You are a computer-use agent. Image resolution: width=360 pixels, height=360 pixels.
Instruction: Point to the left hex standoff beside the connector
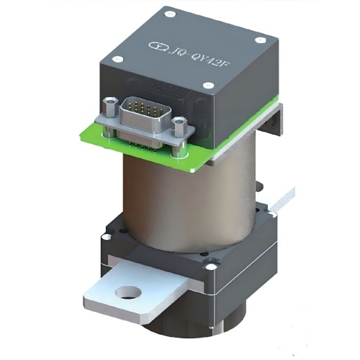point(109,107)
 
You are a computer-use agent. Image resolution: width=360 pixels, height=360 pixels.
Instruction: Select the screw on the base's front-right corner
point(210,268)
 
